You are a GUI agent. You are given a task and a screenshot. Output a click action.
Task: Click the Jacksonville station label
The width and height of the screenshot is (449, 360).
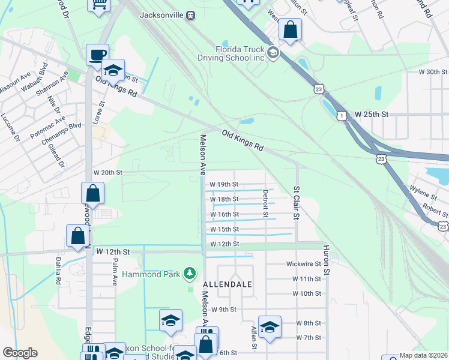click(162, 16)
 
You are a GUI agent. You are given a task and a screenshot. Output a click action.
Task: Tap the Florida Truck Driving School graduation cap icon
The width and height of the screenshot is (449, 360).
click(273, 53)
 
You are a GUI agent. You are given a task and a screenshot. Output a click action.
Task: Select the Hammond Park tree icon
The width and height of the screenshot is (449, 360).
click(190, 275)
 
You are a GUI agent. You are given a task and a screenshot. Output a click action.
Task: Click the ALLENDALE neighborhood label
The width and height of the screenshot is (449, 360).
click(227, 284)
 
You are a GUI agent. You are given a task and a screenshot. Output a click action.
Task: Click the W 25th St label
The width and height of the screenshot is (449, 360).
click(372, 114)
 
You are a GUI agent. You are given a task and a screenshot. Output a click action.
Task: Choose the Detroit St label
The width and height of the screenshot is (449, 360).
click(265, 201)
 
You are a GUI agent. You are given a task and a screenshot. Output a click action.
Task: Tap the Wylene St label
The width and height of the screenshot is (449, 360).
click(424, 194)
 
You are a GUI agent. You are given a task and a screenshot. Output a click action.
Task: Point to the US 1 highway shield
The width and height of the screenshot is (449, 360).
click(340, 115)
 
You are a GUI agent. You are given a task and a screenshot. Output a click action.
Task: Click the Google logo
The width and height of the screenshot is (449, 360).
click(20, 353)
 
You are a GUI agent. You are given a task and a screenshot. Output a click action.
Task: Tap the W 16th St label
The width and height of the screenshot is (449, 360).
click(224, 214)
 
